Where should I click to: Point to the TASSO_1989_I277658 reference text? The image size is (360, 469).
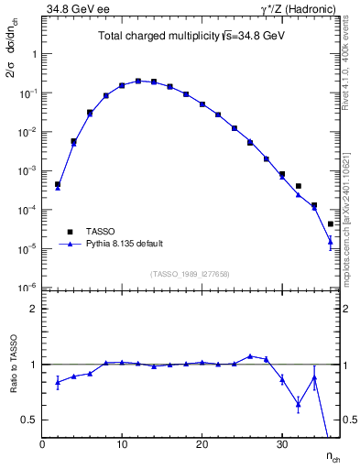190,273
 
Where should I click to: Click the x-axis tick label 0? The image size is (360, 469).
42,445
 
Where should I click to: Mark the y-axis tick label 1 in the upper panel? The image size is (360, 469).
35,54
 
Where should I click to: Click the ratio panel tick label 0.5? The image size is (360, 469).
29,420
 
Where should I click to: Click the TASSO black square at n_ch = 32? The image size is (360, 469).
299,186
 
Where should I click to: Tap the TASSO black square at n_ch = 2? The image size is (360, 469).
58,184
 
